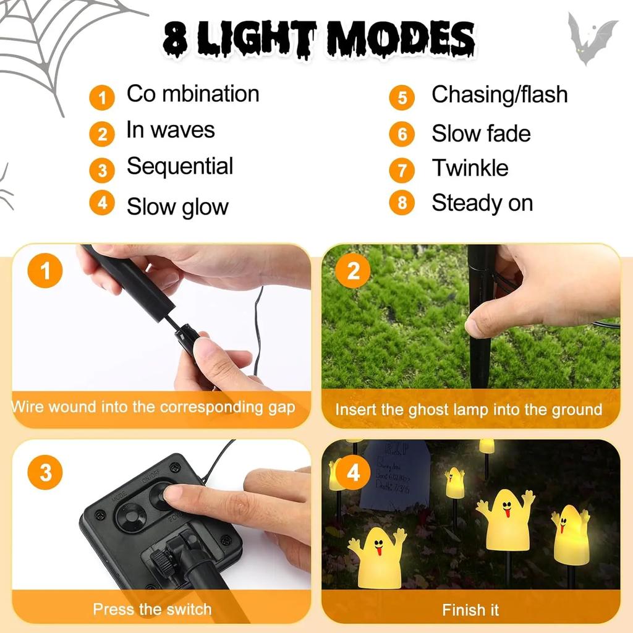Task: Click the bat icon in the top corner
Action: [x=592, y=38]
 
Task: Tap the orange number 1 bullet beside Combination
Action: [x=102, y=98]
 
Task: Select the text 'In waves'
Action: [x=171, y=130]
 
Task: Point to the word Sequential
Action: [x=180, y=167]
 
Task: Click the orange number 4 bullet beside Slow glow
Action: [x=102, y=203]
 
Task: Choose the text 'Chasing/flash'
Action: [x=499, y=95]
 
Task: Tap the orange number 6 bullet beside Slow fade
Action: [x=402, y=134]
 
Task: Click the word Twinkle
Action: [x=470, y=168]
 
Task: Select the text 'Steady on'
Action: [x=482, y=203]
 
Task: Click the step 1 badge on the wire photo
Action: [x=45, y=271]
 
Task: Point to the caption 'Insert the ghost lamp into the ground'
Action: [x=469, y=410]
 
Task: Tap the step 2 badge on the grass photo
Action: [x=354, y=271]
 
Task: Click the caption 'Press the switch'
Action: [x=152, y=610]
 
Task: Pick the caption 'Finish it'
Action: [x=470, y=610]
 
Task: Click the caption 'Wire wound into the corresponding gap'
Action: [x=153, y=407]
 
